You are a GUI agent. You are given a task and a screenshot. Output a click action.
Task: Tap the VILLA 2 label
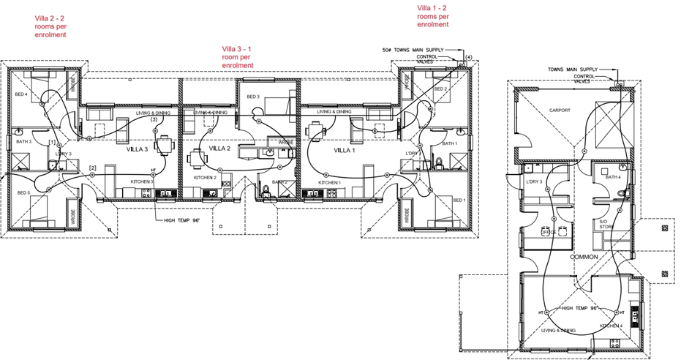pos(220,148)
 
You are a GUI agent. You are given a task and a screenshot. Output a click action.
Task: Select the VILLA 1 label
pos(344,149)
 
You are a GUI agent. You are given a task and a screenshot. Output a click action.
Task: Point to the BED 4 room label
pos(21,94)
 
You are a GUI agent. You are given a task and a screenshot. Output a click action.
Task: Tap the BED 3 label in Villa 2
pos(253,97)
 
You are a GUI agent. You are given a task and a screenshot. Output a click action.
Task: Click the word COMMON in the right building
pos(584,258)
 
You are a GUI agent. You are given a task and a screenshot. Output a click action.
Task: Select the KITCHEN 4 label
pos(611,326)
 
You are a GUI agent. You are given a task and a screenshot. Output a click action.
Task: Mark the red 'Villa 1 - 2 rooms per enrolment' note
pos(432,16)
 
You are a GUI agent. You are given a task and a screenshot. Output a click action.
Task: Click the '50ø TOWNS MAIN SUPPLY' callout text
pos(413,50)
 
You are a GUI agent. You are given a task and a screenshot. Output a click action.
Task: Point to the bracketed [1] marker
pos(52,141)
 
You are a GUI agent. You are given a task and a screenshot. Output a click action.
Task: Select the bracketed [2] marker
pos(92,169)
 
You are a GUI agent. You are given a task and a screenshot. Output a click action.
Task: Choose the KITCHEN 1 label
pos(330,181)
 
